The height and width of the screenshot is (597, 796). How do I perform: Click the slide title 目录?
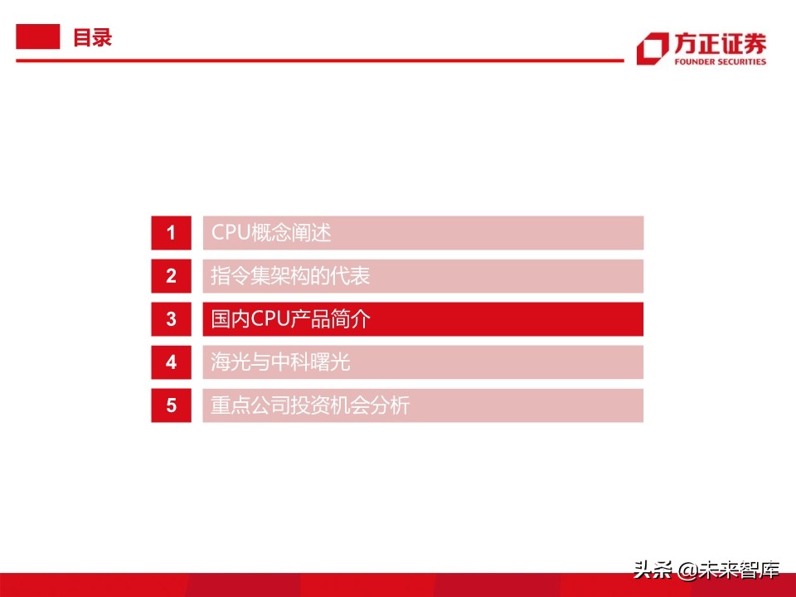(92, 37)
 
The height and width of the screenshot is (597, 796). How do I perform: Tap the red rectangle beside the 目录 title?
(38, 36)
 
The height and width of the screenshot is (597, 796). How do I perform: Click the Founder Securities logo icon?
(653, 49)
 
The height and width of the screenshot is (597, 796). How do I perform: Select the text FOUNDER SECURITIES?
(721, 62)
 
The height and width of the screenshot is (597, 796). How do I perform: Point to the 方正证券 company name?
(721, 44)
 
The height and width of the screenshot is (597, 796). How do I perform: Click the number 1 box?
(171, 233)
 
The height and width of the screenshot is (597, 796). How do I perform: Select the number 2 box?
(171, 276)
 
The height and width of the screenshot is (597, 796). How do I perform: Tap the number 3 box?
(171, 319)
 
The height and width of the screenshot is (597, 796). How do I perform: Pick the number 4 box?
(171, 362)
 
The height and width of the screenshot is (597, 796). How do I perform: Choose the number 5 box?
(171, 405)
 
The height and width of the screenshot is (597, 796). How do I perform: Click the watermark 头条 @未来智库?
(706, 570)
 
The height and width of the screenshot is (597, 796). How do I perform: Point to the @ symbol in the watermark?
(687, 570)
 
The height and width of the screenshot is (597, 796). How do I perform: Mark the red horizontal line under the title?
(320, 61)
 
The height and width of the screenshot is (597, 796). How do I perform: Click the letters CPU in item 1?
(231, 232)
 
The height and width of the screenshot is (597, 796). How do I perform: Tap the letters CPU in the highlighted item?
(270, 318)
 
